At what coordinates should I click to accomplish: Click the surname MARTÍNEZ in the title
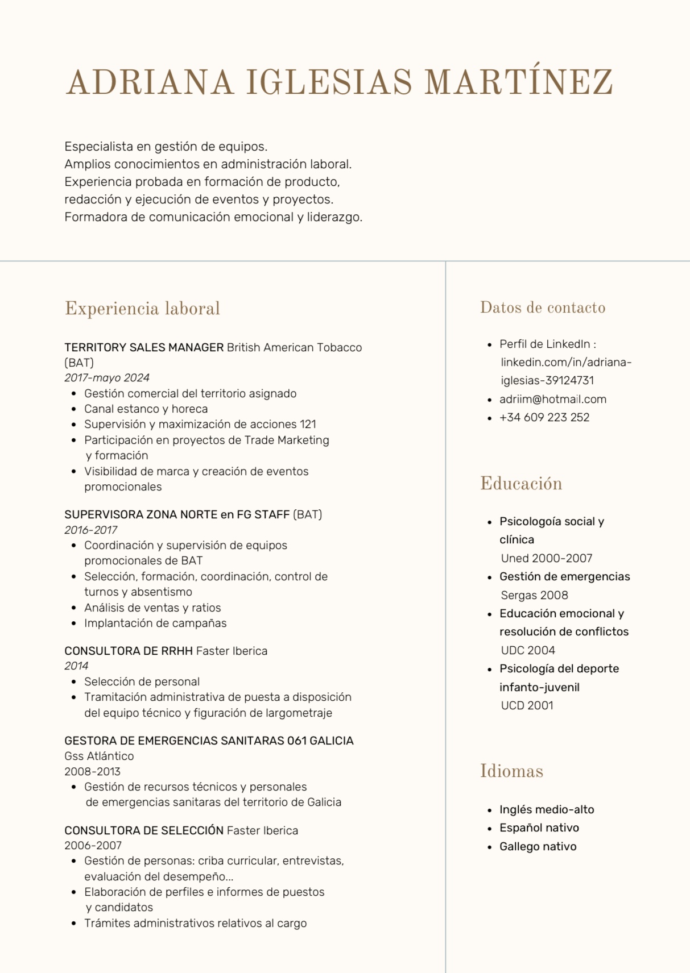pos(518,83)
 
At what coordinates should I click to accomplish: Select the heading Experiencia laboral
pos(142,309)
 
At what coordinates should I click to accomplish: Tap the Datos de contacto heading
pos(542,307)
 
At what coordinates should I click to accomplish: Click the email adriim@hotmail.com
pos(552,399)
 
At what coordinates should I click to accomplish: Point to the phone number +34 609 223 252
pos(544,417)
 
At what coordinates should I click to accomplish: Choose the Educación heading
pos(521,484)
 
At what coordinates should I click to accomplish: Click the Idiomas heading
pos(511,771)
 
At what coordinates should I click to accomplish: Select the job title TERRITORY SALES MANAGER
pos(144,347)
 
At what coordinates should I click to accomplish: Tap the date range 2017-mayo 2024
pos(107,378)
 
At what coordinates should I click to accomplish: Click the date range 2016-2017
pos(91,530)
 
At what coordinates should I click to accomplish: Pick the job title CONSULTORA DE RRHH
pos(129,651)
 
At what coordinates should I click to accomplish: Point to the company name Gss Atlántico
pos(99,756)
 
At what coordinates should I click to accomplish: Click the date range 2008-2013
pos(92,771)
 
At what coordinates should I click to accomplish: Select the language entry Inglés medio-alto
pos(546,809)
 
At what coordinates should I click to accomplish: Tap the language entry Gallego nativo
pos(538,846)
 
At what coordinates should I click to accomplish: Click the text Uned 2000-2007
pos(546,558)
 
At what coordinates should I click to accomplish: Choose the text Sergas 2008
pos(534,595)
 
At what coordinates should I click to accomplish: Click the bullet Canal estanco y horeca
pos(146,409)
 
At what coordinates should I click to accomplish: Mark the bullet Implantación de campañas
pos(155,623)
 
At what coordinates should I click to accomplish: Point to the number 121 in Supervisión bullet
pos(308,424)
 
